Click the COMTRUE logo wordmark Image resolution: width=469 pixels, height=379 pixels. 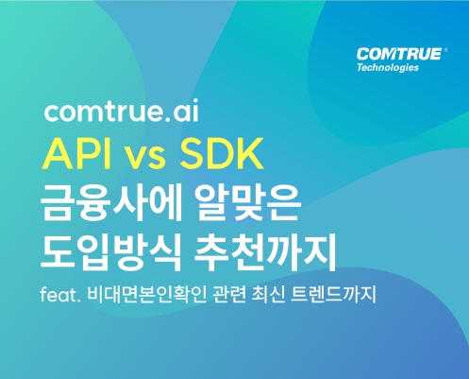(399, 54)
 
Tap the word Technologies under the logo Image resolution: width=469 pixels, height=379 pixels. (388, 68)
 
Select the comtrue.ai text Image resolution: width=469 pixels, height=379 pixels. (122, 111)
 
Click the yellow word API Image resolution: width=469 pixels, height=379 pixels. (76, 154)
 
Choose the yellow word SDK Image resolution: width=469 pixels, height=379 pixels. (221, 154)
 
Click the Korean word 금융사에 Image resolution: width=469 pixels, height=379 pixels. (110, 203)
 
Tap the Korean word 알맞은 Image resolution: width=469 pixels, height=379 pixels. (247, 203)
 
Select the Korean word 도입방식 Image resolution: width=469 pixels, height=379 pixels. (110, 252)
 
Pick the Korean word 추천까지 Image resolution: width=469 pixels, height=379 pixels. (264, 252)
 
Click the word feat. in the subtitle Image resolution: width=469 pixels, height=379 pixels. (59, 295)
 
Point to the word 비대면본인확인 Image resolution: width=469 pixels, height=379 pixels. (146, 295)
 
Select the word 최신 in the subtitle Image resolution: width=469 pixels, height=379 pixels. (269, 295)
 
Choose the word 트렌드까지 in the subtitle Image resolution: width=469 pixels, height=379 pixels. (334, 295)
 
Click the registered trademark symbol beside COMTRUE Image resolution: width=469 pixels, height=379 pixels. (445, 50)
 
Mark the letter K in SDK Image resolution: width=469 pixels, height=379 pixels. (250, 154)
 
